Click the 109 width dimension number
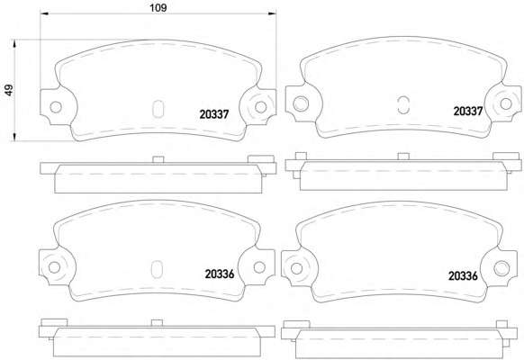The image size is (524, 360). (x=158, y=8)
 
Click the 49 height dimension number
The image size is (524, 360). (x=9, y=90)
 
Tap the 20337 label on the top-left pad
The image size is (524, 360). (x=214, y=114)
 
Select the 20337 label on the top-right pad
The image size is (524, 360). (x=468, y=112)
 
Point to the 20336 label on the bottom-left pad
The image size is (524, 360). (x=220, y=274)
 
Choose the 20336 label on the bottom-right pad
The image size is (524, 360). (x=463, y=275)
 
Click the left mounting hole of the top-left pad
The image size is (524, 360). (x=56, y=107)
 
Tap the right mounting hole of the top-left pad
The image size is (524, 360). (x=261, y=107)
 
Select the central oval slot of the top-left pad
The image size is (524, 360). (x=158, y=109)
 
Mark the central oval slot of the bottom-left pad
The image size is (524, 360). (x=157, y=269)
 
